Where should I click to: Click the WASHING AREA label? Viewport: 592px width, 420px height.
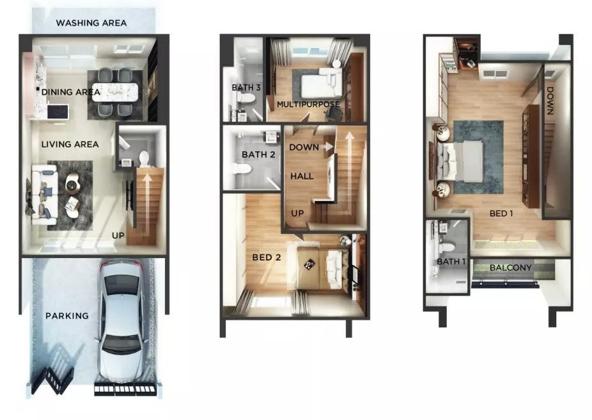point(91,23)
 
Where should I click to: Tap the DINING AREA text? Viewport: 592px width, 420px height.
point(70,92)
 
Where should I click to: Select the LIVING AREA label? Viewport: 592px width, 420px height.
point(70,144)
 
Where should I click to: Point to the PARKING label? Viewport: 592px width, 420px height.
point(67,316)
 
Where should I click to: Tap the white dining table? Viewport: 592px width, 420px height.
point(115,92)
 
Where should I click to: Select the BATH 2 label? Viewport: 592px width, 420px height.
point(258,154)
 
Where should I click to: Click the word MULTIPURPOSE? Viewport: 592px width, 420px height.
point(308,104)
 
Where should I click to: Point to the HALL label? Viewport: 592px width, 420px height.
point(302,176)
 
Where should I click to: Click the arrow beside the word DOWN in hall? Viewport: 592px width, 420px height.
point(328,147)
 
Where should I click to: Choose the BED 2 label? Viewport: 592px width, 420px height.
point(267,257)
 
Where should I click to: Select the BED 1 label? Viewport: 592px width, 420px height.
point(501,214)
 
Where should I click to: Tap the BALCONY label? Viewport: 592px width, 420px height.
point(510,268)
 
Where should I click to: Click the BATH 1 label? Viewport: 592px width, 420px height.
point(451,262)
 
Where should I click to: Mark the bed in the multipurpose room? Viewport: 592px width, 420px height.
point(322,83)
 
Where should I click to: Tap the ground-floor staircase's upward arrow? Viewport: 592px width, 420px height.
point(144,204)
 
